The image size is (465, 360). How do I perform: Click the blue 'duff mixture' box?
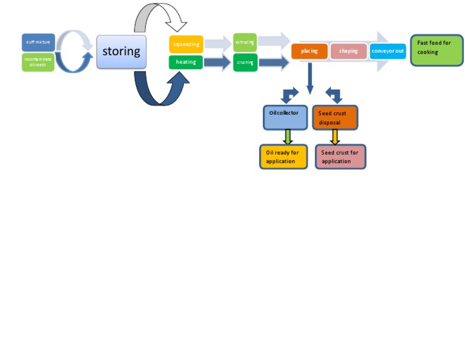[x=38, y=42]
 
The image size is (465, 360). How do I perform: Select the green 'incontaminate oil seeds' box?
[x=38, y=62]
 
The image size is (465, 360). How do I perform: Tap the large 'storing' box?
[x=121, y=52]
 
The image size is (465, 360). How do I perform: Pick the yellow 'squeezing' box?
[x=186, y=44]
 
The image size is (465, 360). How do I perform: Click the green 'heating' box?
[x=186, y=62]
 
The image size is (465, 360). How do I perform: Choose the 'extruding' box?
[x=245, y=42]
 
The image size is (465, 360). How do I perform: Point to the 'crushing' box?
[x=245, y=62]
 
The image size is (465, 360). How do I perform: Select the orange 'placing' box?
[x=309, y=52]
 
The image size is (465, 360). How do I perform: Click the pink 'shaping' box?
[x=348, y=52]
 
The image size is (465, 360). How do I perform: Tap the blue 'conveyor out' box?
[x=387, y=52]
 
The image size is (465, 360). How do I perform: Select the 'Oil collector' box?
[x=285, y=117]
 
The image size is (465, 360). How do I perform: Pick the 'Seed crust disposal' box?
[x=335, y=118]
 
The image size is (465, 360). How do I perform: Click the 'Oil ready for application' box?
[x=283, y=156]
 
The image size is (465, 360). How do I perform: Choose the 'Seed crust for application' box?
[x=340, y=156]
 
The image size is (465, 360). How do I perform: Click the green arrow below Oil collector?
[x=288, y=137]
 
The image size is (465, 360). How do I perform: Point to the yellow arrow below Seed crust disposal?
[x=335, y=137]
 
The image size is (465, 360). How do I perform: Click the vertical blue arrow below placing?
[x=310, y=78]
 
